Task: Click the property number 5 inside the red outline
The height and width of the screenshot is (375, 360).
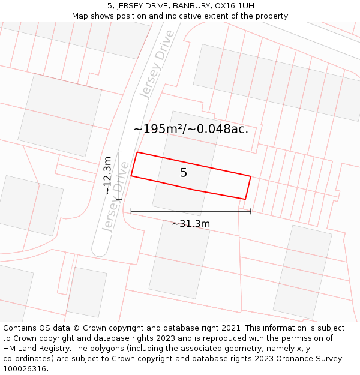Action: [x=184, y=173]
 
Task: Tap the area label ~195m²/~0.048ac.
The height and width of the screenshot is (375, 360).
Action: [x=191, y=129]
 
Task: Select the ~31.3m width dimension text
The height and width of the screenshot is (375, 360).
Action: [x=191, y=224]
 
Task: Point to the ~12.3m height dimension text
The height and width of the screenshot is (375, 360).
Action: [x=107, y=175]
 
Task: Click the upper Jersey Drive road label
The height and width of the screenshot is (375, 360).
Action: [x=157, y=64]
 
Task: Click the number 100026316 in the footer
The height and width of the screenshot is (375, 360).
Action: [x=25, y=369]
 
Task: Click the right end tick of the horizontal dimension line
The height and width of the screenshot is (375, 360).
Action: [x=251, y=211]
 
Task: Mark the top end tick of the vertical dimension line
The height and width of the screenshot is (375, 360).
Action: [x=119, y=152]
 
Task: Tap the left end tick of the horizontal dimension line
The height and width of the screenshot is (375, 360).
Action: [x=131, y=211]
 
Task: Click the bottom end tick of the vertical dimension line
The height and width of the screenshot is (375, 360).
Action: [x=119, y=199]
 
